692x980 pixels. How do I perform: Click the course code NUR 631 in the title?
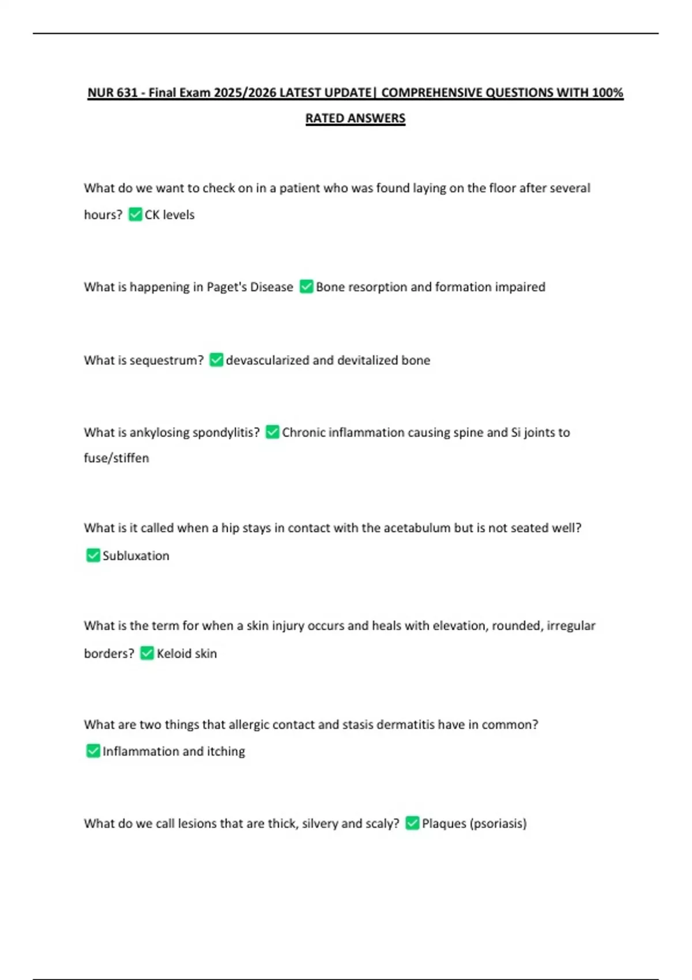pyautogui.click(x=112, y=93)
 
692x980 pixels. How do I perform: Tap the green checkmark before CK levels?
pyautogui.click(x=136, y=214)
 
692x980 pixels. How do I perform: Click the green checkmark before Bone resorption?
pyautogui.click(x=306, y=287)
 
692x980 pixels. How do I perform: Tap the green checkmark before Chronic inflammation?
pyautogui.click(x=272, y=432)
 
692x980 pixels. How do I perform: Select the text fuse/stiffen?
pyautogui.click(x=116, y=458)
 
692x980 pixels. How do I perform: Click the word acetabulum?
pyautogui.click(x=417, y=528)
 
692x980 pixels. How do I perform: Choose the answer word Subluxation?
pyautogui.click(x=136, y=556)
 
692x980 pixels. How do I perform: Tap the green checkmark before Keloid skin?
pyautogui.click(x=147, y=653)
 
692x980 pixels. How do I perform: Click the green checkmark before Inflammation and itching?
pyautogui.click(x=93, y=751)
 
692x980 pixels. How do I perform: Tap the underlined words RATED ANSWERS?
pyautogui.click(x=355, y=118)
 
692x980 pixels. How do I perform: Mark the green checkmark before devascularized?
pyautogui.click(x=216, y=360)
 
